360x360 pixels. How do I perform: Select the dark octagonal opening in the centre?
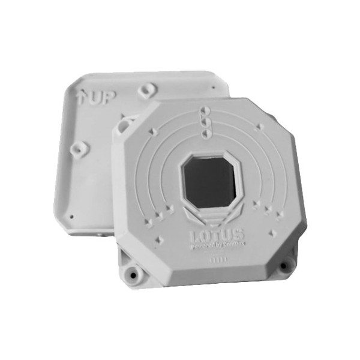coord(209,181)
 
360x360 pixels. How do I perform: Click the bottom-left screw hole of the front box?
coord(130,273)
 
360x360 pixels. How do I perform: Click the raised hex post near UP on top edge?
coord(144,91)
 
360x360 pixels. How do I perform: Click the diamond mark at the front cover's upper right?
coord(259,127)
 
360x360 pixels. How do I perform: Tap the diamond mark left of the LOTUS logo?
coord(158,238)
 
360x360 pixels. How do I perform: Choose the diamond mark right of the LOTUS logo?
coord(272,232)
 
